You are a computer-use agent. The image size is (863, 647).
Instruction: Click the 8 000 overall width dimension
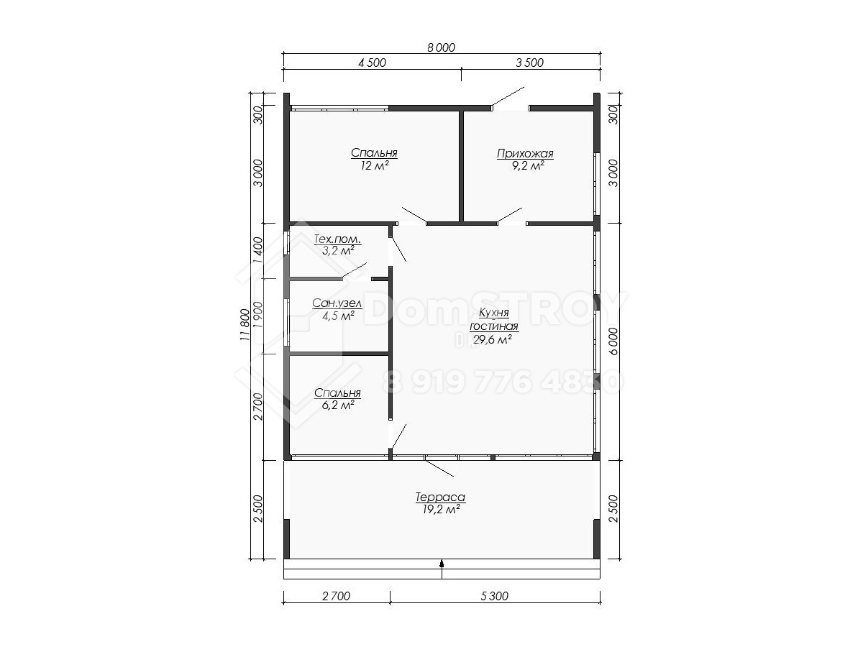point(441,47)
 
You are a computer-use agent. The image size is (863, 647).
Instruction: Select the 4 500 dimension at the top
point(372,63)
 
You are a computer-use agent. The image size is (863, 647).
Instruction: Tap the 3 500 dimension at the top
point(529,63)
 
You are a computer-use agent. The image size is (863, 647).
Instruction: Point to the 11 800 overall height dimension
point(245,326)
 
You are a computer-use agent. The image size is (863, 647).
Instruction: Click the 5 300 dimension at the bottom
point(494,596)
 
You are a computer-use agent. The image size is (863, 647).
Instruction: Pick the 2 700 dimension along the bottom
point(336,596)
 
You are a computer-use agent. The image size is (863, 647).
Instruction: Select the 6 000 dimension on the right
point(613,341)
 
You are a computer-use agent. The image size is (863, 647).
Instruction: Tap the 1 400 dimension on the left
point(258,251)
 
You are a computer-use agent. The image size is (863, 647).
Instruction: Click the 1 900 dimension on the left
point(258,315)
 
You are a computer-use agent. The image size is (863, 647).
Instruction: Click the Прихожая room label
point(525,154)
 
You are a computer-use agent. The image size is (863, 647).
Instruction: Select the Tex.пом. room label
point(337,239)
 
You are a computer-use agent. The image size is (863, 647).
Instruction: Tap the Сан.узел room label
point(337,303)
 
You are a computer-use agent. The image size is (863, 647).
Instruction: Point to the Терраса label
point(440,497)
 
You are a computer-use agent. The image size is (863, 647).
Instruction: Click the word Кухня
point(494,313)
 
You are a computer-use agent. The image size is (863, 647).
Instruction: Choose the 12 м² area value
point(374,165)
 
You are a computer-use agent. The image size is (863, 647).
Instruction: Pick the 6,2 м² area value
point(338,405)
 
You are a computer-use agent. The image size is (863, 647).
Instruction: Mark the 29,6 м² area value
point(492,339)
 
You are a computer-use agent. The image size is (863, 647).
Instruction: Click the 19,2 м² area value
point(440,510)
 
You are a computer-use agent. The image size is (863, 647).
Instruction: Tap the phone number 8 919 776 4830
point(503,382)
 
